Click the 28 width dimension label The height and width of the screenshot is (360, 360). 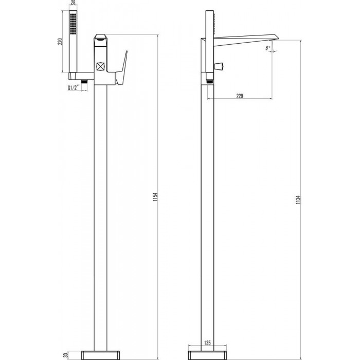(73, 3)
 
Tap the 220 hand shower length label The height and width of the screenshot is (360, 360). (60, 42)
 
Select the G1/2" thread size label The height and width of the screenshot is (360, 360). (73, 88)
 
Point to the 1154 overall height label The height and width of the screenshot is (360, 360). (156, 197)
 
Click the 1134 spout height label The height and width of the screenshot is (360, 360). (298, 200)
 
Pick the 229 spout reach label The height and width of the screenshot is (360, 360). (240, 96)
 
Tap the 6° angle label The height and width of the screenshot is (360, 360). (268, 48)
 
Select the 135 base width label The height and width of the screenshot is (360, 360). (207, 343)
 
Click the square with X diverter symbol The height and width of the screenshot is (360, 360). (100, 67)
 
